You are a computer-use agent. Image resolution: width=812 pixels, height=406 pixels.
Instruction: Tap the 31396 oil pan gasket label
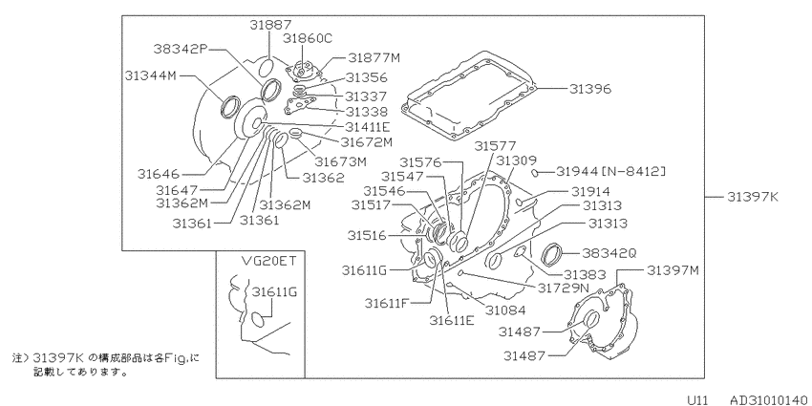point(590,89)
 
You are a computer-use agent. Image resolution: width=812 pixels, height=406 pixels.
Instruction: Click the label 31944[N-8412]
point(611,171)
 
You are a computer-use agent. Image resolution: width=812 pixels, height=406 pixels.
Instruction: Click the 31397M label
point(673,269)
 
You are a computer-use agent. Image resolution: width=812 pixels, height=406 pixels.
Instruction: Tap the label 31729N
point(564,287)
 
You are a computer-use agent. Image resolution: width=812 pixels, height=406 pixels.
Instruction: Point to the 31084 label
point(505,310)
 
